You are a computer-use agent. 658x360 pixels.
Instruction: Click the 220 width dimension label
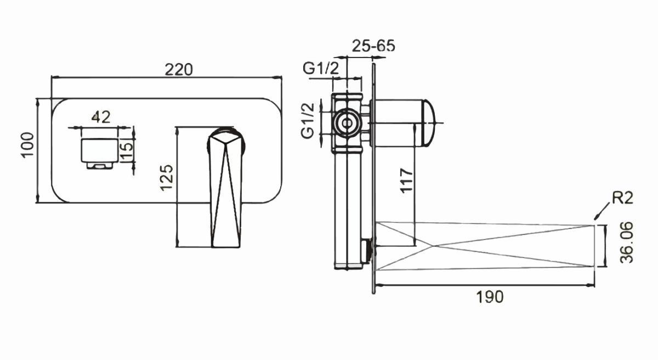pyautogui.click(x=179, y=70)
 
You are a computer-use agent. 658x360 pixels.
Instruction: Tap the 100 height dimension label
pyautogui.click(x=27, y=145)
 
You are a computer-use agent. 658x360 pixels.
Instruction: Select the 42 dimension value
pyautogui.click(x=101, y=117)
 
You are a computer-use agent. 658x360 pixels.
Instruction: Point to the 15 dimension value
pyautogui.click(x=127, y=151)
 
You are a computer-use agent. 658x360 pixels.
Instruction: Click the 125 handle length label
pyautogui.click(x=167, y=178)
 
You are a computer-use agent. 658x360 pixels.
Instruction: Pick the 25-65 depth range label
pyautogui.click(x=373, y=46)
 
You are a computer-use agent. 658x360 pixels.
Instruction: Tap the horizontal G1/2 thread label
pyautogui.click(x=321, y=68)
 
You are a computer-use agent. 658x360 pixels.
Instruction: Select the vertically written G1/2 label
pyautogui.click(x=308, y=121)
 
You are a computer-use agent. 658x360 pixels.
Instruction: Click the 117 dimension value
pyautogui.click(x=407, y=181)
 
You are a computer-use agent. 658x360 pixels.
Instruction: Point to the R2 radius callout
pyautogui.click(x=622, y=198)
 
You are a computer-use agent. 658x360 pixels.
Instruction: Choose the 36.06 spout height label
pyautogui.click(x=627, y=243)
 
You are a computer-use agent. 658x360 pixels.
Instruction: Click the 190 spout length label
pyautogui.click(x=490, y=297)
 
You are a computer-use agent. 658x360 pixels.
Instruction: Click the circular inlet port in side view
pyautogui.click(x=347, y=123)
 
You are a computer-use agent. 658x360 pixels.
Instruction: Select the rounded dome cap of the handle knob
pyautogui.click(x=428, y=123)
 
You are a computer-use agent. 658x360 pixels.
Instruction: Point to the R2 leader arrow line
pyautogui.click(x=602, y=211)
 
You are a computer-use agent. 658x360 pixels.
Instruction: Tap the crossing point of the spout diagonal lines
pyautogui.click(x=432, y=246)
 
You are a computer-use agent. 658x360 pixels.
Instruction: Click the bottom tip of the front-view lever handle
pyautogui.click(x=225, y=247)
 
